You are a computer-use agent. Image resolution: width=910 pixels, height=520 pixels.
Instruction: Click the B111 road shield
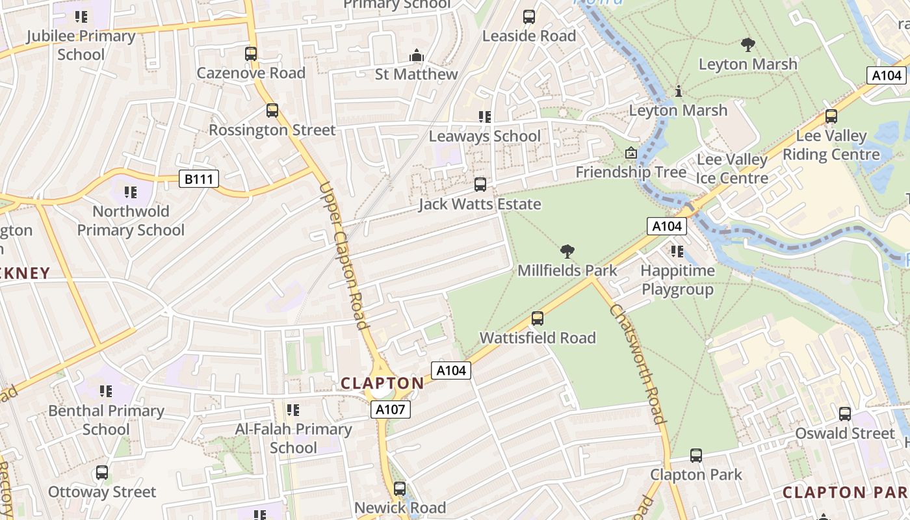tap(199, 179)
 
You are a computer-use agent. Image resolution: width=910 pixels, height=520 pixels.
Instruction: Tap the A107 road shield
tap(391, 409)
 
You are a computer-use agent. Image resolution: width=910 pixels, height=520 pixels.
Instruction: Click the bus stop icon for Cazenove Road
tap(251, 54)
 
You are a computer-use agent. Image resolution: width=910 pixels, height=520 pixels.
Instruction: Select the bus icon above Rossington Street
tap(272, 110)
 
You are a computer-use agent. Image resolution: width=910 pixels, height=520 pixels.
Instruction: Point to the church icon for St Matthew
tap(417, 56)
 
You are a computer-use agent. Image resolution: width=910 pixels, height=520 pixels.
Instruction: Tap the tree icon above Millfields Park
tap(567, 251)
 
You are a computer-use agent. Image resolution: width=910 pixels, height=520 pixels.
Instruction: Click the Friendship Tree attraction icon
tap(630, 153)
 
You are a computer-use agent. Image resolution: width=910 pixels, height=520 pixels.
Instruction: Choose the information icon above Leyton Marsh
tap(678, 92)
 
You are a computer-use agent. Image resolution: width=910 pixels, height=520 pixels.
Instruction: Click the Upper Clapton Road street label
tap(343, 255)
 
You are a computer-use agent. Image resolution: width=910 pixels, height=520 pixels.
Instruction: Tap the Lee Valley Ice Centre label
tap(732, 169)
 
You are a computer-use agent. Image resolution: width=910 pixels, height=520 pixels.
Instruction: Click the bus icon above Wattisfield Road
tap(537, 318)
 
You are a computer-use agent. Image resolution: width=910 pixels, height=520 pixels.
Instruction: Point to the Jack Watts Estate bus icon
tap(480, 185)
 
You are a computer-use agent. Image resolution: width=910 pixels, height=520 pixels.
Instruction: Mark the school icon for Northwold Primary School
tap(131, 192)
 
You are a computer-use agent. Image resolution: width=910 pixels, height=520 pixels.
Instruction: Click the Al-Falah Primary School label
tap(293, 438)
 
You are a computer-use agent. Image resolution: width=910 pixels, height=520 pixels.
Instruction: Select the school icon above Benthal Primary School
tap(106, 391)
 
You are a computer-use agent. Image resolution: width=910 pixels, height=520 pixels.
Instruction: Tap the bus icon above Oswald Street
tap(844, 414)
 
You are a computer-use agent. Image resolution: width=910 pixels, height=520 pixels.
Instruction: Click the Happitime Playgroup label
tap(677, 280)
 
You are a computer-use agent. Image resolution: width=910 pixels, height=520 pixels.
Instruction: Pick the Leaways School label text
tap(484, 136)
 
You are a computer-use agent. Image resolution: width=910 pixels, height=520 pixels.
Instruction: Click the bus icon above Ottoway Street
tap(102, 473)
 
